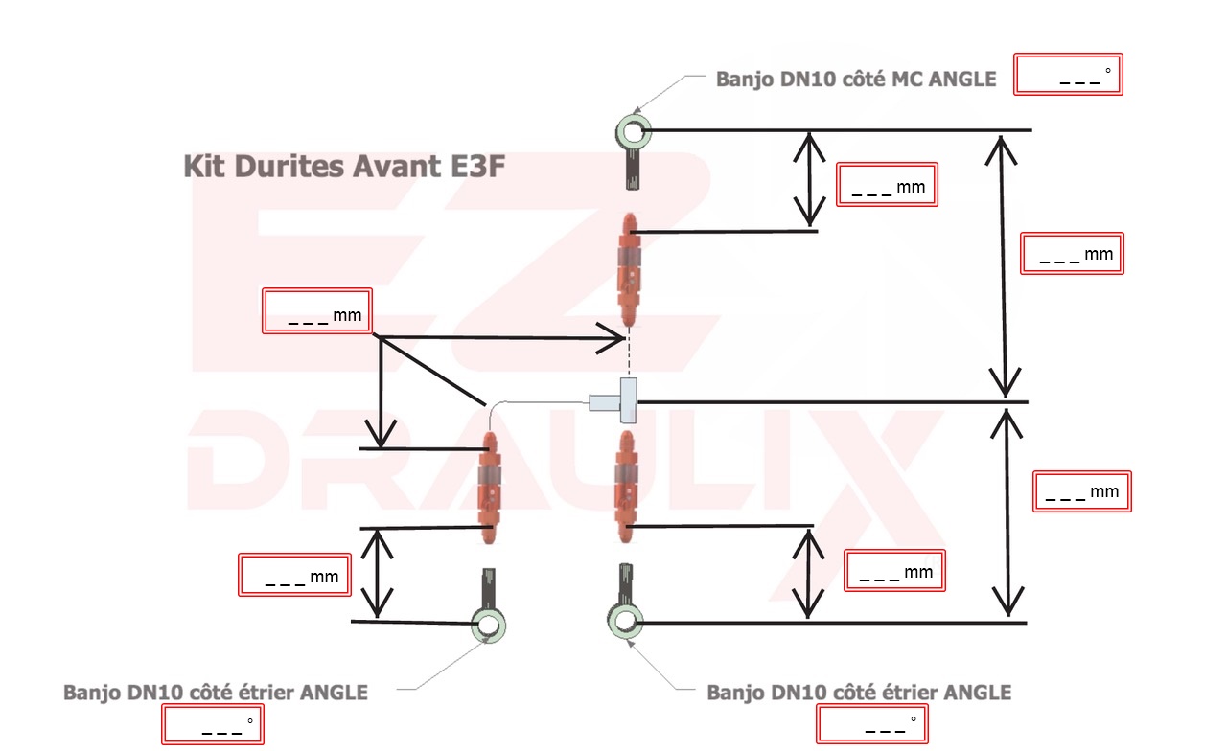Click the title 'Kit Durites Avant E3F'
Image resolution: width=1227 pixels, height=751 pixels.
pos(343,166)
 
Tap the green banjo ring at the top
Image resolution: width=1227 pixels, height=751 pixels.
pos(632,130)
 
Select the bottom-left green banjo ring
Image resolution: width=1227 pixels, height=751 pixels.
pos(488,626)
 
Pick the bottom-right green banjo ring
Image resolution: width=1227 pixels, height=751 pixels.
pos(624,620)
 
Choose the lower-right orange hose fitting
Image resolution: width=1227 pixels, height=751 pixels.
pos(626,479)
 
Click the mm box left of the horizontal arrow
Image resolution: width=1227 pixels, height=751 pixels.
pos(317,312)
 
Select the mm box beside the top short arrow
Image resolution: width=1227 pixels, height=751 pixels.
pos(887,185)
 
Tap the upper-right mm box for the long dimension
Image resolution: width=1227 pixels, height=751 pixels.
pos(1072,254)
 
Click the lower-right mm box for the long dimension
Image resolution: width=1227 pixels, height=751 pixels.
pos(1082,490)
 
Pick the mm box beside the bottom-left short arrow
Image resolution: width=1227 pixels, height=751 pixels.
pos(291,575)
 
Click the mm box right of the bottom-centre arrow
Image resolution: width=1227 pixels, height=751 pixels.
pos(895,571)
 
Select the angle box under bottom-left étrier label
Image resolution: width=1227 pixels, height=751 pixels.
pos(212,725)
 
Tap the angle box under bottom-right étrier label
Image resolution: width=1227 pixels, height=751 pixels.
pos(872,723)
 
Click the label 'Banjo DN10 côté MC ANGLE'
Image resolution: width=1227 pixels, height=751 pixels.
pos(856,80)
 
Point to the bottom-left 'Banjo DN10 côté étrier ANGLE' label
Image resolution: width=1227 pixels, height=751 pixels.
pos(216,692)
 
